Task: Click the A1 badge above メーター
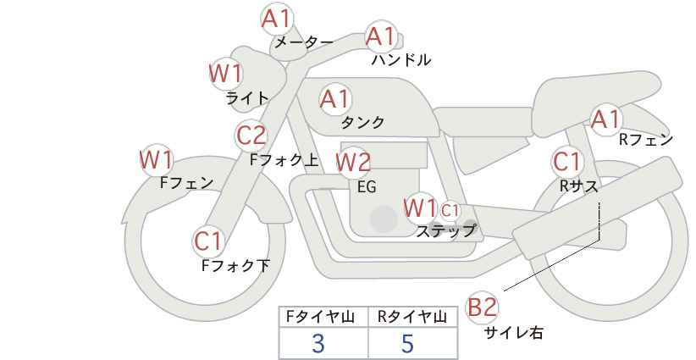tap(277, 20)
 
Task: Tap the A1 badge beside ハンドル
tap(381, 36)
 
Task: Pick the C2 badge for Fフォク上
tap(251, 136)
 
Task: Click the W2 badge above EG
tap(353, 162)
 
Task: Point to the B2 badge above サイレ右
tap(482, 307)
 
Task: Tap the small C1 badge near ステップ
tap(450, 210)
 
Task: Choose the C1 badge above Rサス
tap(566, 162)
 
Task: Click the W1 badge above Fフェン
tap(157, 160)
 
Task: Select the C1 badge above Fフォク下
tap(207, 242)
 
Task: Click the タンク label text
tap(362, 122)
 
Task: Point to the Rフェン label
tap(646, 140)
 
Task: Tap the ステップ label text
tap(445, 231)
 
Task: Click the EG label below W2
tap(367, 187)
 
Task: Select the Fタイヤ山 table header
tap(320, 317)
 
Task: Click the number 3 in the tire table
tap(318, 343)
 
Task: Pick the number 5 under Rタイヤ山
tap(407, 343)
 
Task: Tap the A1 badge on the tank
tap(335, 99)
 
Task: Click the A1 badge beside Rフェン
tap(606, 119)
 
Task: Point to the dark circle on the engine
tap(384, 219)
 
